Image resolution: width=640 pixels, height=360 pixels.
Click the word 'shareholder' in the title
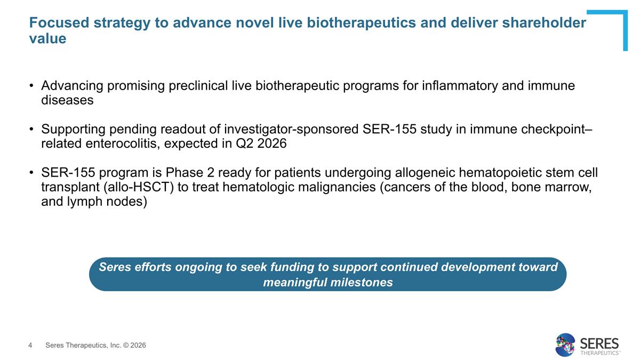point(544,23)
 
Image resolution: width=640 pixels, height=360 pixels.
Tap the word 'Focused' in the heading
point(59,23)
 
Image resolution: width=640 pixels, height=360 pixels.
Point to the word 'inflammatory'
point(460,86)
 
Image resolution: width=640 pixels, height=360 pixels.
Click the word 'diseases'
point(67,100)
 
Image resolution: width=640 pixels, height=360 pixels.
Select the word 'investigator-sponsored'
point(291,129)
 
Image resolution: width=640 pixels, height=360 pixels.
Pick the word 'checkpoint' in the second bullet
point(553,129)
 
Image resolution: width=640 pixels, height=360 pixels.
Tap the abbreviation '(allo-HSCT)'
point(139,187)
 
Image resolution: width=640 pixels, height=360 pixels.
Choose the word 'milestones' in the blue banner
point(362,282)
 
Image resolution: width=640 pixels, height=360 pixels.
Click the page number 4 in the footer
point(30,346)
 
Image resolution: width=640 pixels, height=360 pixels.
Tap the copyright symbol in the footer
point(126,346)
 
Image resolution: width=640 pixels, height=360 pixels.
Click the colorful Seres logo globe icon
point(565,345)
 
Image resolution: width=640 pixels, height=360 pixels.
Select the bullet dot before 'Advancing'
point(31,86)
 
